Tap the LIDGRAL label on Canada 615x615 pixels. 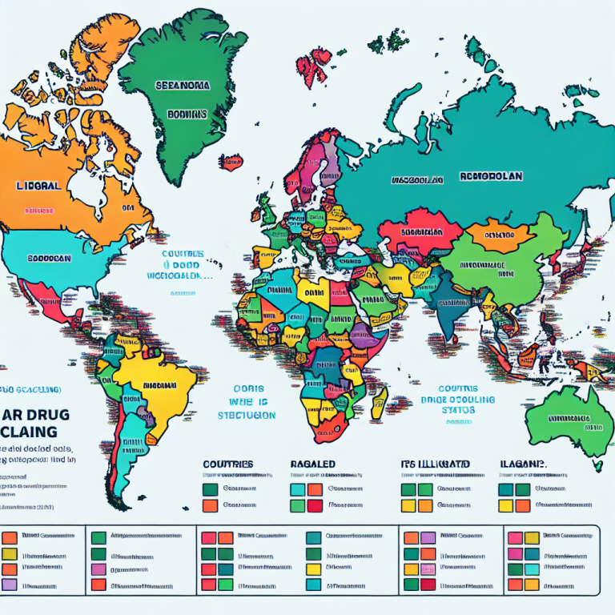tap(38, 185)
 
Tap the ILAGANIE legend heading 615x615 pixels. tap(521, 463)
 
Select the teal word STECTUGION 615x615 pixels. tap(246, 416)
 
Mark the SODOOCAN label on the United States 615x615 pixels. tap(50, 259)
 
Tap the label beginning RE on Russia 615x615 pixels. tap(489, 175)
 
